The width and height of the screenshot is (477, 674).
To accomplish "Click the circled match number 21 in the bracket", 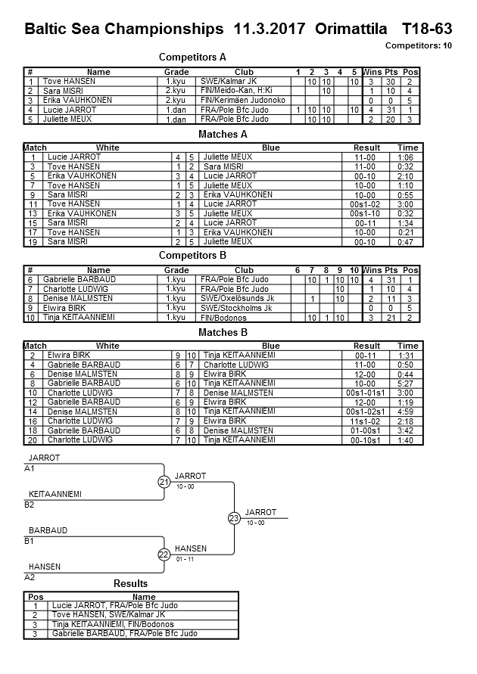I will (164, 482).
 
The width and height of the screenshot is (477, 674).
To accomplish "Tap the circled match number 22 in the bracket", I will (164, 554).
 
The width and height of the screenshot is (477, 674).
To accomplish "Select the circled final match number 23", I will (235, 518).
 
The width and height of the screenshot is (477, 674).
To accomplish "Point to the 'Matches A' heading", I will (223, 134).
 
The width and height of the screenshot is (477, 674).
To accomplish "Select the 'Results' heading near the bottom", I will (131, 583).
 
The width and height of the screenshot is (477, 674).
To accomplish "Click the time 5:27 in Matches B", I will (407, 384).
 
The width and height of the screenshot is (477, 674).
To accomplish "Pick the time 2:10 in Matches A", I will (407, 175).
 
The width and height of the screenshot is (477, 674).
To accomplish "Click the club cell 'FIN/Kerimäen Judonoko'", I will (243, 100).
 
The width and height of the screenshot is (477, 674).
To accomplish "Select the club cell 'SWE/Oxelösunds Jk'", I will (237, 299).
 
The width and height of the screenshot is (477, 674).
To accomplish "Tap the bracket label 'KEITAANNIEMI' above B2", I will (55, 494).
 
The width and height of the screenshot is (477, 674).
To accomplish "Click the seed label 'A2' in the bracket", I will (30, 577).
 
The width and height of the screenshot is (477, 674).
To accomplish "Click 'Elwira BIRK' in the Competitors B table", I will (65, 308).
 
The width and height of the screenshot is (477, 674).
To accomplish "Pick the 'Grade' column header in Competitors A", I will (176, 72).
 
